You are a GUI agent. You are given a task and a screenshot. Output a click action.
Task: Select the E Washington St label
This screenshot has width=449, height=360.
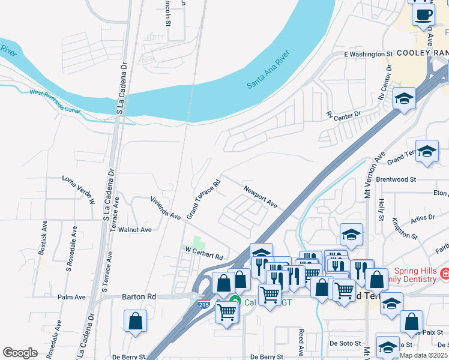(368, 55)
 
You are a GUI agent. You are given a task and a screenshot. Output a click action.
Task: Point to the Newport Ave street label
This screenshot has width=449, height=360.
(260, 197)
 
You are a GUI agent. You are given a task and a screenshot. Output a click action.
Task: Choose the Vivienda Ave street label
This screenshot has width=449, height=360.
(166, 207)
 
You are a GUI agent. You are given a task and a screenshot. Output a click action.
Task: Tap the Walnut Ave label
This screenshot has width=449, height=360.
(134, 229)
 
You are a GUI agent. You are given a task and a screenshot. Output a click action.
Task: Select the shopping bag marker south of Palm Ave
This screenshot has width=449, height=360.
(136, 320)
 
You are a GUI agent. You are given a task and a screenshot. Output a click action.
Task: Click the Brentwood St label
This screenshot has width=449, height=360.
(396, 179)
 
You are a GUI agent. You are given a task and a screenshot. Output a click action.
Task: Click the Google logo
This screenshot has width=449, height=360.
(20, 353)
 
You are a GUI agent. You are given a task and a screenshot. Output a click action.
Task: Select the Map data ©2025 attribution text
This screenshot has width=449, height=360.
(423, 355)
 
